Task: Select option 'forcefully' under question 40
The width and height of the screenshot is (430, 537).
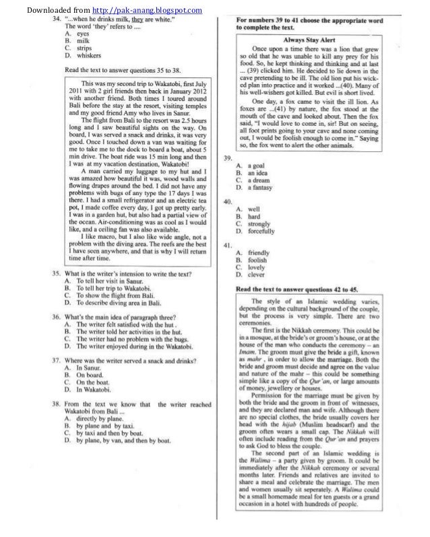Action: tap(262, 231)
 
